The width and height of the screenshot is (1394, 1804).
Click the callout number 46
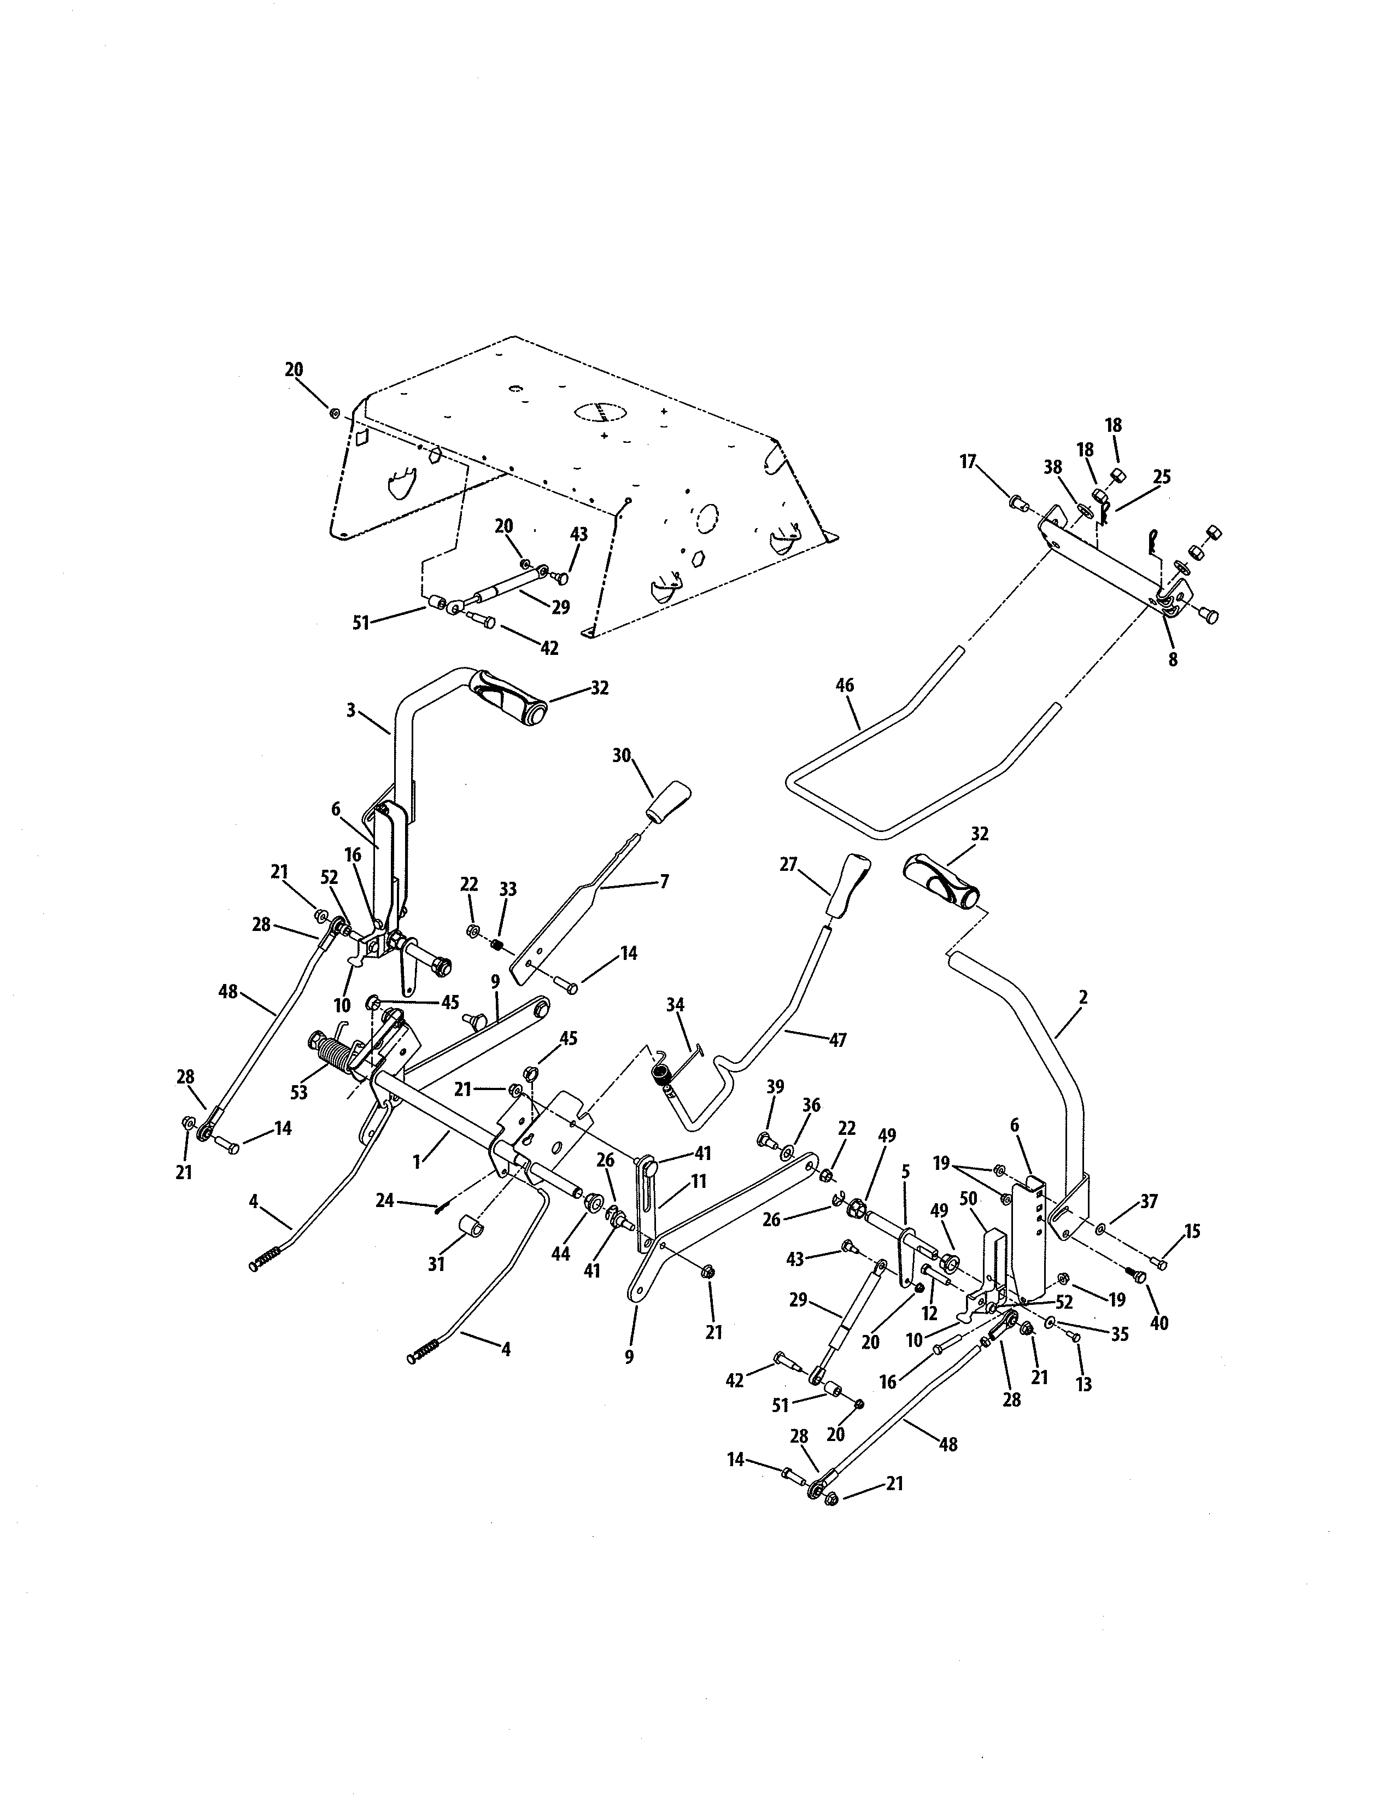(x=844, y=685)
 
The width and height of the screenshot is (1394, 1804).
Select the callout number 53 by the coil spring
(x=299, y=1092)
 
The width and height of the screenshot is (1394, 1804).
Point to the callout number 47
(x=837, y=1040)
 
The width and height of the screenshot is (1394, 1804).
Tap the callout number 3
(x=351, y=710)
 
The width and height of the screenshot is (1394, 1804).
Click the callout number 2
(x=1082, y=997)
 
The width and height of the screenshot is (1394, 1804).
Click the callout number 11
(x=699, y=1181)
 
